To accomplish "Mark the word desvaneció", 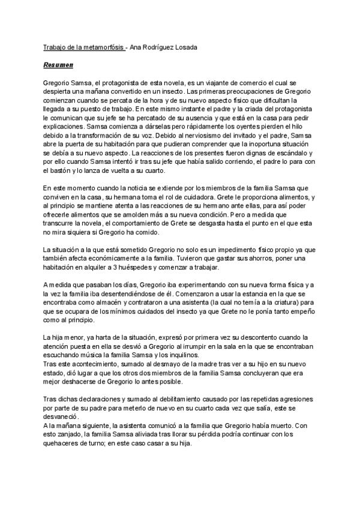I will [x=63, y=417].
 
